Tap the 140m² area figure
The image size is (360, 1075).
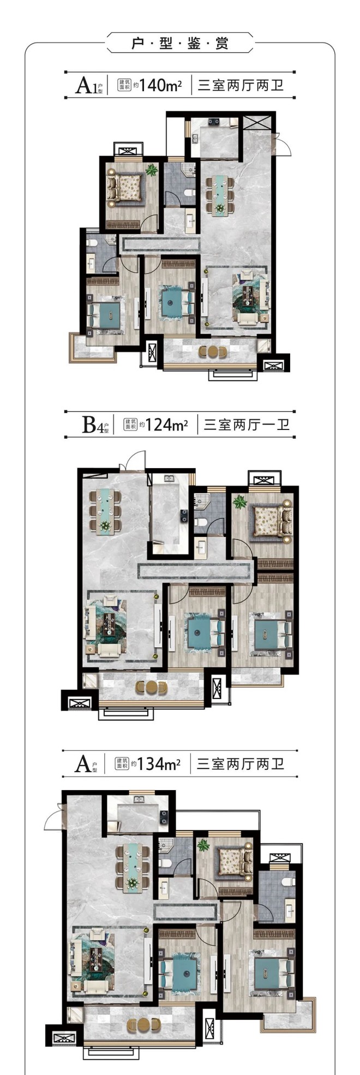[x=160, y=86]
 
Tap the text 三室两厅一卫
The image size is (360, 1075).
[x=247, y=425]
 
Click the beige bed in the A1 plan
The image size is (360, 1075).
[x=127, y=187]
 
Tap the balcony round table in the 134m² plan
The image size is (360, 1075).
[x=140, y=1024]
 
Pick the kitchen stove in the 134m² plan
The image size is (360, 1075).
[x=163, y=816]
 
